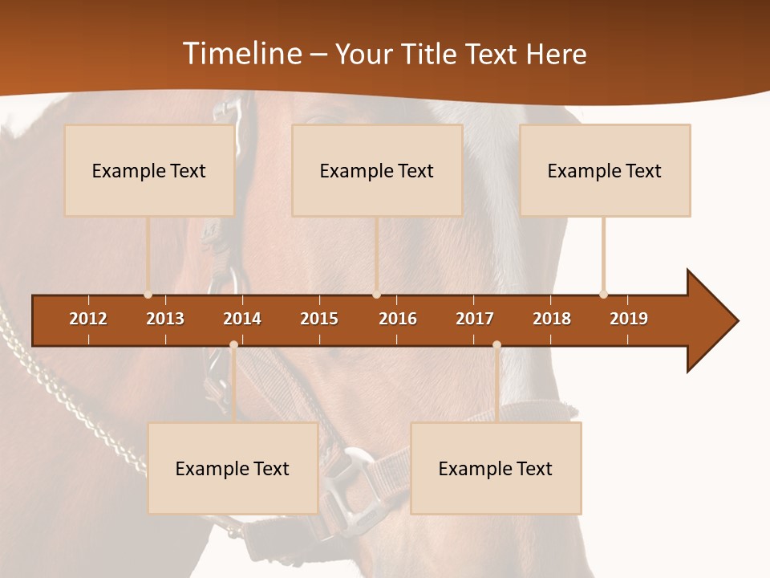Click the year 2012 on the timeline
(88, 319)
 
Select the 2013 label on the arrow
(165, 319)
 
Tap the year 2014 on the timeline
(242, 319)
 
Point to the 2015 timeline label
(319, 319)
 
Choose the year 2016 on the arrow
(398, 319)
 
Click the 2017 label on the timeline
(475, 319)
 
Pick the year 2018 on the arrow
(552, 319)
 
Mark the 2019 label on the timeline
(629, 319)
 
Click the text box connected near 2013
(149, 170)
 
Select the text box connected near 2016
(377, 170)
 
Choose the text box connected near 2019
(605, 170)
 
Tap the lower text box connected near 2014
(233, 468)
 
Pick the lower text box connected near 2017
(496, 468)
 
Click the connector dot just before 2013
(148, 295)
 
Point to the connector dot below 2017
(496, 345)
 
